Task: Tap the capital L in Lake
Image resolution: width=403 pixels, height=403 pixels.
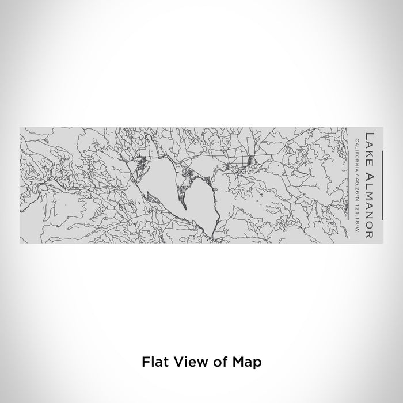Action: point(369,136)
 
